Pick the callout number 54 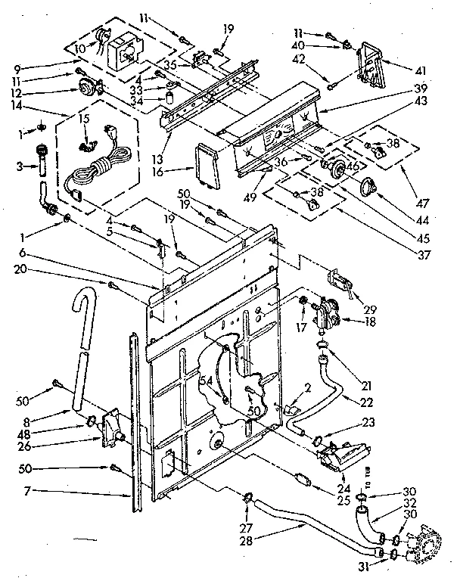point(206,381)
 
